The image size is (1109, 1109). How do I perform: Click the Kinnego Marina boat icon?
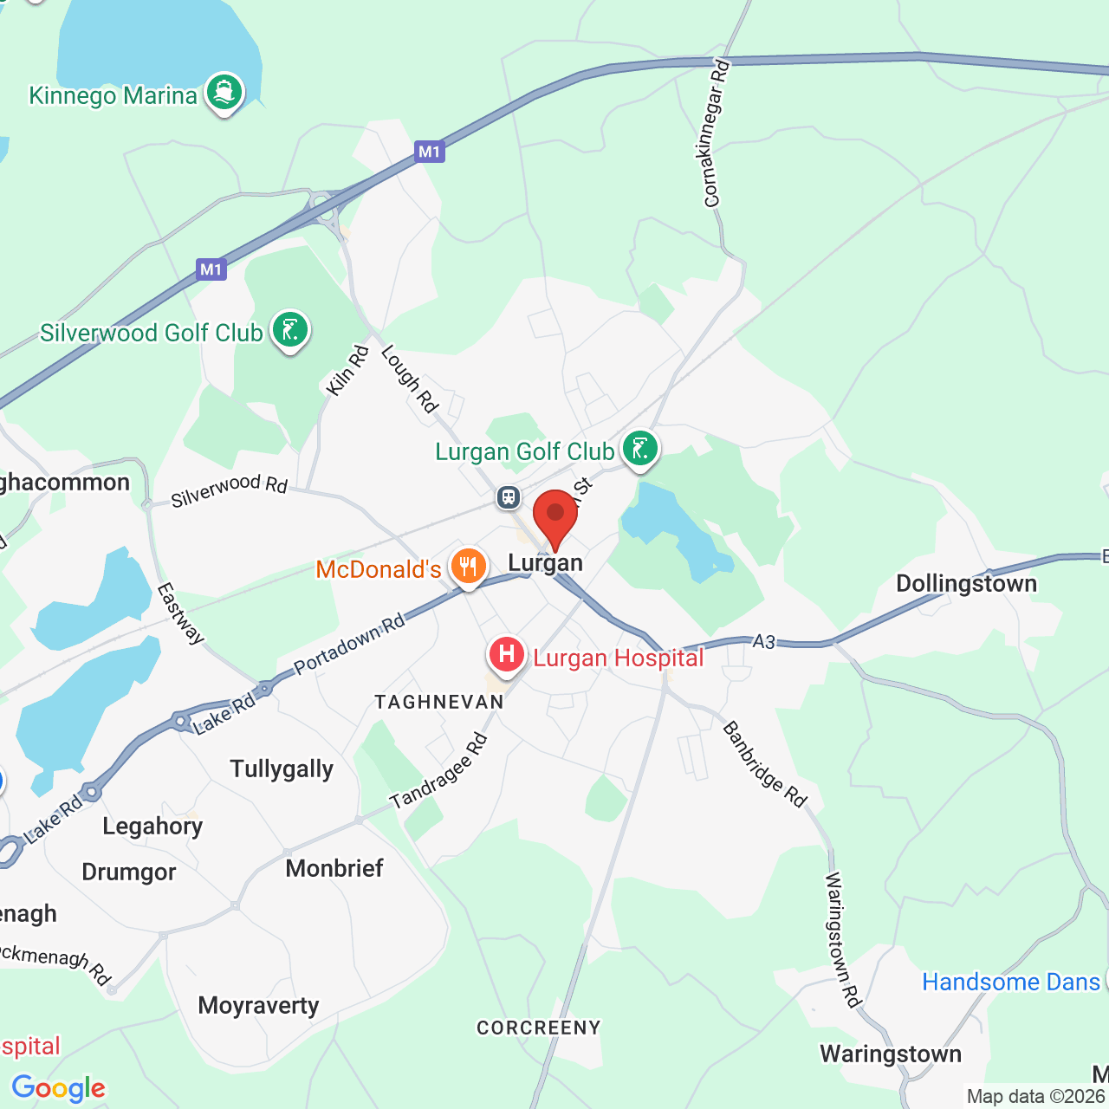tap(224, 92)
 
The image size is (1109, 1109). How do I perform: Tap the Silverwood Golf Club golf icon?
tap(290, 330)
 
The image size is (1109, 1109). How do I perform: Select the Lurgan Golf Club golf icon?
tap(639, 449)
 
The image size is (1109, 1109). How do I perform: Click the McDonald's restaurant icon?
tap(468, 566)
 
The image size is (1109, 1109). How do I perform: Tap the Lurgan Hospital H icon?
tap(507, 655)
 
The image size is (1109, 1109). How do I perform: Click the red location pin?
tap(555, 516)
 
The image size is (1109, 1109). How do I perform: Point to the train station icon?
tap(508, 497)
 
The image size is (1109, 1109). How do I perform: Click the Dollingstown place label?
tap(966, 583)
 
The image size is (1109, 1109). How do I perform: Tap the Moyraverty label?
tap(258, 1005)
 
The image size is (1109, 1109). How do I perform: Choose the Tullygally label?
tap(282, 769)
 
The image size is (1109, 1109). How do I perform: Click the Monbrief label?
tap(334, 867)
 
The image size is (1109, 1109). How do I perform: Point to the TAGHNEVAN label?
tap(439, 702)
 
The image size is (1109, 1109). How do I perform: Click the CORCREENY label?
tap(539, 1028)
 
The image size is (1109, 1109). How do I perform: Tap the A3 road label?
tap(764, 641)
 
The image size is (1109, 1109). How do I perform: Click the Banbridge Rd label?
tap(765, 763)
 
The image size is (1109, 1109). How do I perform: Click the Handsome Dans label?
tap(1010, 982)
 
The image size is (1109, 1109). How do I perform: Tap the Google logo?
tap(59, 1088)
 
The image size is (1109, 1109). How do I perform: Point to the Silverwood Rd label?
tap(229, 490)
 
